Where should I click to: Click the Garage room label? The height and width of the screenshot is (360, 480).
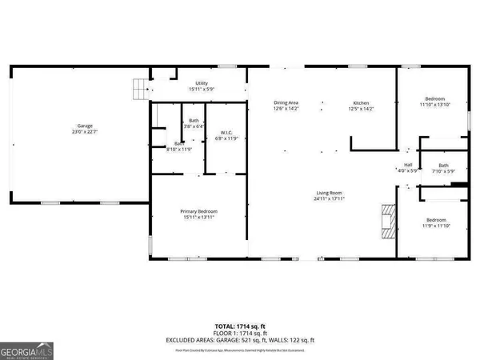(84, 126)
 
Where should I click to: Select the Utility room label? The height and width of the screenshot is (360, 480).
(198, 82)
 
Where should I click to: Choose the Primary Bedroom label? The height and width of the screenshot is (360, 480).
(198, 211)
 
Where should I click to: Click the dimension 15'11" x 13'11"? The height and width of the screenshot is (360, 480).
(198, 218)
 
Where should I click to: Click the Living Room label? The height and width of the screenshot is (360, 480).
(329, 193)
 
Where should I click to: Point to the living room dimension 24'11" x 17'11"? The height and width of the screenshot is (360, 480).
(329, 199)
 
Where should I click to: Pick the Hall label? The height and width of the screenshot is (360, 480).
(408, 166)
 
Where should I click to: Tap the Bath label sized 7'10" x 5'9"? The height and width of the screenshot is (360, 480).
(443, 166)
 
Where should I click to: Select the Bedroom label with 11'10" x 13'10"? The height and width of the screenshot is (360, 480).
(436, 98)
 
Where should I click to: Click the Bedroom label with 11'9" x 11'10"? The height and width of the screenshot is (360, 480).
(436, 220)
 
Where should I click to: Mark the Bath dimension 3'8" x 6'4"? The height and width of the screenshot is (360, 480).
(194, 126)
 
